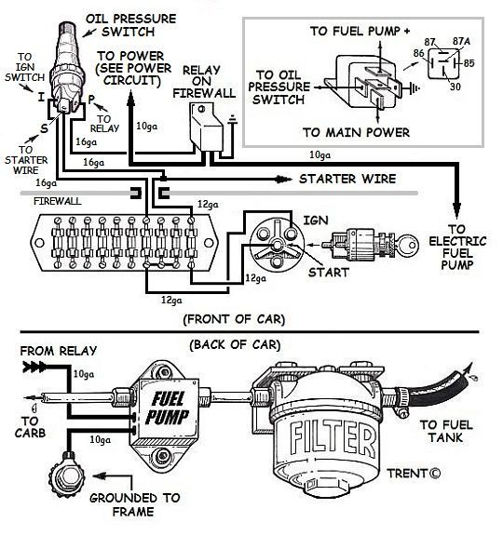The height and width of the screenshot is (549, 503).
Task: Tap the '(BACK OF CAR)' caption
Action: [x=234, y=344]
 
